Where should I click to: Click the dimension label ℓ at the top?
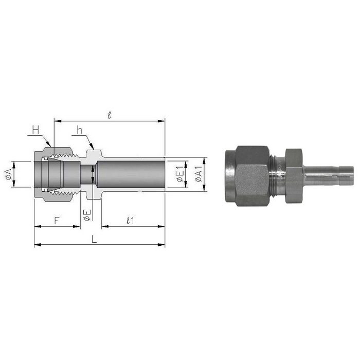click(110, 115)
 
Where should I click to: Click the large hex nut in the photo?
click(251, 175)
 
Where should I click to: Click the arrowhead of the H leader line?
click(51, 146)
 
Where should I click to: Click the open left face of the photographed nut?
click(229, 175)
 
